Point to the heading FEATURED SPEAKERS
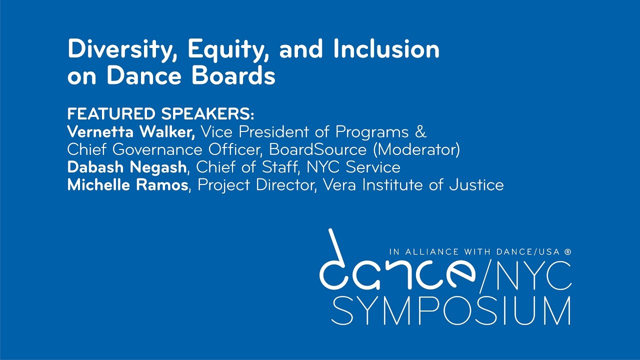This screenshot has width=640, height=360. click(x=161, y=114)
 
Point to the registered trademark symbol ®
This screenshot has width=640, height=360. click(x=567, y=252)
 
